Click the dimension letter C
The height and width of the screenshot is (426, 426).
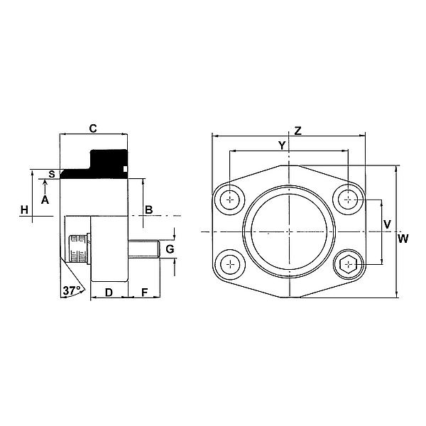(92, 128)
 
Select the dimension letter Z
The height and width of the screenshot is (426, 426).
(298, 131)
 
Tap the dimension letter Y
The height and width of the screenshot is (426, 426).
(282, 146)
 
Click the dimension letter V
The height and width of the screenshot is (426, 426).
(387, 224)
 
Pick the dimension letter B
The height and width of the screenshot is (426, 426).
(149, 209)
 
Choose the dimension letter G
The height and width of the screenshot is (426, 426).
(169, 248)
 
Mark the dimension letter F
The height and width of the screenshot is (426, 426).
(144, 292)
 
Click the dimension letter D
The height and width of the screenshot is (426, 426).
(109, 292)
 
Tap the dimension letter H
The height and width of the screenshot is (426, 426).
(24, 209)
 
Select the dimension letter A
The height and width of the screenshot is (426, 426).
(45, 201)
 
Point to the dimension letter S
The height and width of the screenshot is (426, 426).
(51, 173)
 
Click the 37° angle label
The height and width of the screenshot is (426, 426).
(70, 290)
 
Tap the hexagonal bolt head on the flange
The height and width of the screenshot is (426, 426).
(348, 265)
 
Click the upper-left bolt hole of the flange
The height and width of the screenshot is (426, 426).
(231, 200)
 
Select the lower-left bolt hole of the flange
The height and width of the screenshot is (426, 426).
(231, 265)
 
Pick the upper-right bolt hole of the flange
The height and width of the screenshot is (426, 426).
(348, 200)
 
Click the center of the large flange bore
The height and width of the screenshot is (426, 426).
(289, 231)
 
